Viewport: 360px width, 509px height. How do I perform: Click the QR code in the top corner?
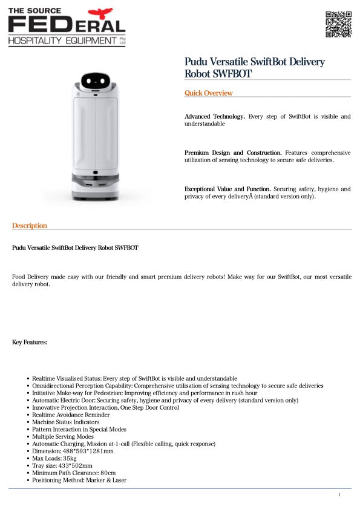[338, 24]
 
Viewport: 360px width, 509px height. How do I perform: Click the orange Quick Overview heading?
[208, 93]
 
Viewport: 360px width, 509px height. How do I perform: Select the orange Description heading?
[29, 226]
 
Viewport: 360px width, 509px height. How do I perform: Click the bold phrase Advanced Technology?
[214, 116]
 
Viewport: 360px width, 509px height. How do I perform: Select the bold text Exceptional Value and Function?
[227, 189]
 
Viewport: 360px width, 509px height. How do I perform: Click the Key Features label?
[30, 343]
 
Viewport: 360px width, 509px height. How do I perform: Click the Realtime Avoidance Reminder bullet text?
[71, 415]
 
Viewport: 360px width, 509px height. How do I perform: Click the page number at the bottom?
[339, 495]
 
